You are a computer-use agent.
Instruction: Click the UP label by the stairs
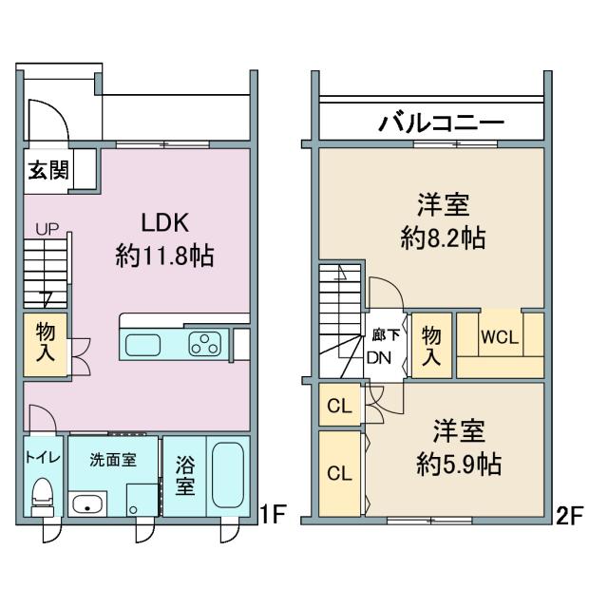[x=46, y=229]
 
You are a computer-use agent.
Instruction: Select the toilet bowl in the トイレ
[x=43, y=493]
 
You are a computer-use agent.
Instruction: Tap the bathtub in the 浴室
[x=228, y=475]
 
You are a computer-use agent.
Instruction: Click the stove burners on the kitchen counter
[x=205, y=344]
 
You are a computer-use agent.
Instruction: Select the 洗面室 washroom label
[x=112, y=460]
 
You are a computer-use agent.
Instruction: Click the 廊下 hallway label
[x=384, y=333]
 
